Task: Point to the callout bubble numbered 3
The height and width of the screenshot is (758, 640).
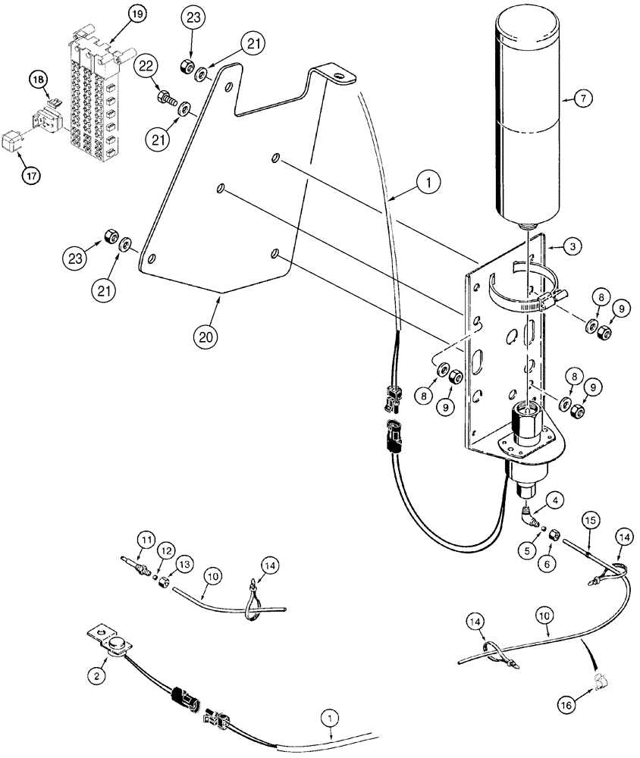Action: click(573, 247)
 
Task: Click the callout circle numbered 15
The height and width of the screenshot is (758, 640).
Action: click(591, 522)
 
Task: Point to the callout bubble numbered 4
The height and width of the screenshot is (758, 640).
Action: click(557, 500)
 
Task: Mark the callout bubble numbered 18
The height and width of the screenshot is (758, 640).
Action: click(38, 78)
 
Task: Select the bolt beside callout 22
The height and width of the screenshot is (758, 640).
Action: click(166, 98)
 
